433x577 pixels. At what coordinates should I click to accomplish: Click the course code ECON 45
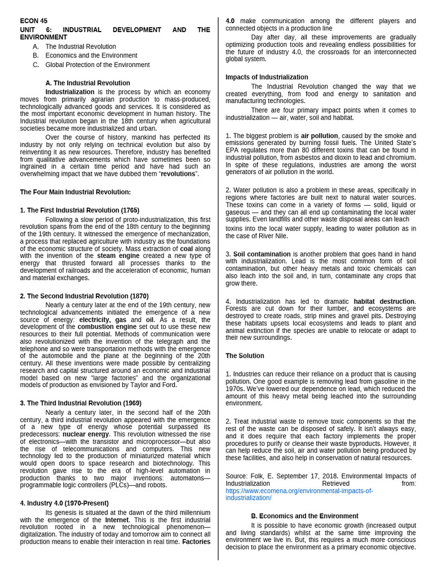pyautogui.click(x=34, y=21)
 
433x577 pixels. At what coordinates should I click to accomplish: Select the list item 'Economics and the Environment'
pyautogui.click(x=91, y=56)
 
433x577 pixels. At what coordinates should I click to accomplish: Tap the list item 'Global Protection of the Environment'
pyautogui.click(x=98, y=65)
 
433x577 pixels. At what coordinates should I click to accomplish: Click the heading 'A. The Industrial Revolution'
pyautogui.click(x=87, y=83)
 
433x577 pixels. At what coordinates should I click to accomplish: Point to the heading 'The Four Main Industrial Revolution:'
pyautogui.click(x=75, y=192)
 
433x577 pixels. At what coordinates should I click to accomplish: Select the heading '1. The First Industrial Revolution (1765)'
pyautogui.click(x=79, y=210)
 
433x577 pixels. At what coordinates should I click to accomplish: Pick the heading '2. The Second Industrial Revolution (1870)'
pyautogui.click(x=84, y=296)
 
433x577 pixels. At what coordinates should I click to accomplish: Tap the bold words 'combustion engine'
pyautogui.click(x=107, y=326)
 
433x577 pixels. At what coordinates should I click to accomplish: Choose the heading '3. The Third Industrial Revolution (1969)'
pyautogui.click(x=81, y=403)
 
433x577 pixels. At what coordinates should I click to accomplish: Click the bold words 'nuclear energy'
pyautogui.click(x=86, y=434)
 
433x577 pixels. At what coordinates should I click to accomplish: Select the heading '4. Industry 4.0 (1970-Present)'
pyautogui.click(x=64, y=503)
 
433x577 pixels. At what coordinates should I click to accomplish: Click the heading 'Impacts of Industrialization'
pyautogui.click(x=267, y=77)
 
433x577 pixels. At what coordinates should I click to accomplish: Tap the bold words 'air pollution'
pyautogui.click(x=319, y=136)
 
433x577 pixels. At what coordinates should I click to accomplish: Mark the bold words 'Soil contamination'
pyautogui.click(x=262, y=254)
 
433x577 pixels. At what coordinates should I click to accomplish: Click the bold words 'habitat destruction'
pyautogui.click(x=384, y=301)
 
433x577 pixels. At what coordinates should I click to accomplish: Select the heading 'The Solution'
pyautogui.click(x=245, y=356)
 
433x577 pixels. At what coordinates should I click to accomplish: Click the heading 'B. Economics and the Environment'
pyautogui.click(x=304, y=516)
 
